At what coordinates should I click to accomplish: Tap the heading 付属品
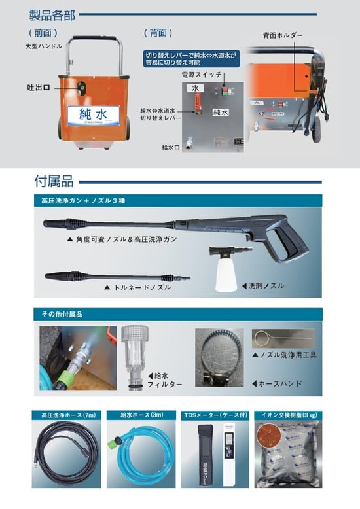click(x=54, y=180)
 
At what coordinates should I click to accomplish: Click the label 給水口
click(x=171, y=148)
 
